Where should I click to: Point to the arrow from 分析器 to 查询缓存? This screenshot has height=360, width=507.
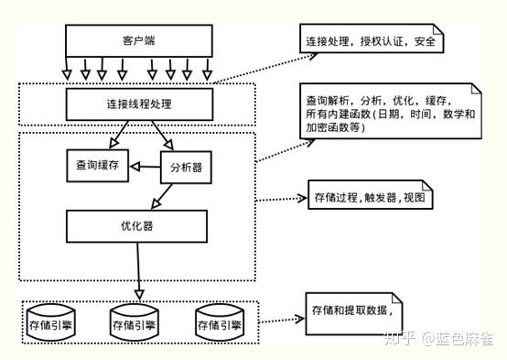pyautogui.click(x=145, y=167)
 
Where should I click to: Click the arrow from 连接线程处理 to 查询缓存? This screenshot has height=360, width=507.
pyautogui.click(x=115, y=133)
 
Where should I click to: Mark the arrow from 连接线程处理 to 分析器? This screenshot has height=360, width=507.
pyautogui.click(x=162, y=134)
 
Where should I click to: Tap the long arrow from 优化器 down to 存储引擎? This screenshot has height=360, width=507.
pyautogui.click(x=138, y=270)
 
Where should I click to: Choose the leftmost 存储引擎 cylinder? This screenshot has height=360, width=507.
pyautogui.click(x=53, y=323)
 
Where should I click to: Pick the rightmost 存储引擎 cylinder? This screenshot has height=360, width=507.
pyautogui.click(x=219, y=323)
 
